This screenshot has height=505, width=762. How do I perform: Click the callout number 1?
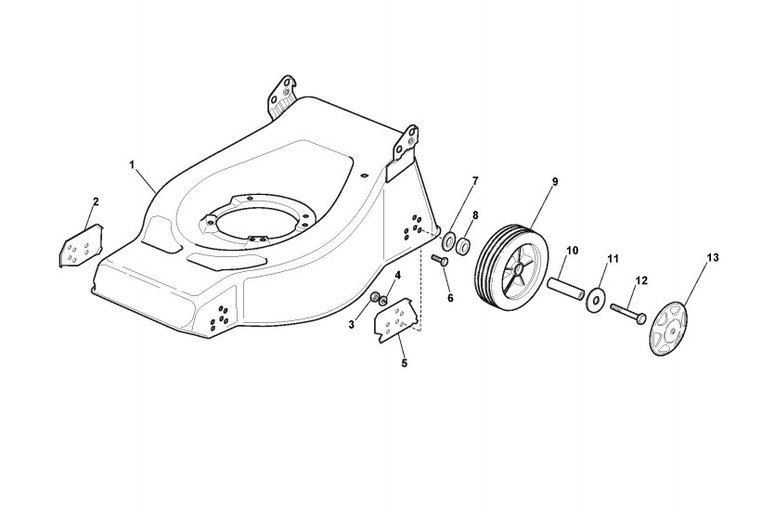(132, 164)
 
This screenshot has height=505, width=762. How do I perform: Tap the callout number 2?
(96, 201)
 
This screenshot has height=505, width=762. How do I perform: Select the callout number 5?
(404, 363)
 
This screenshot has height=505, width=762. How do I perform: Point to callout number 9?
(554, 181)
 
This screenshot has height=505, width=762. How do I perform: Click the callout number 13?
(713, 255)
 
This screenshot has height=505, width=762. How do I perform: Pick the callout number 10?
(572, 250)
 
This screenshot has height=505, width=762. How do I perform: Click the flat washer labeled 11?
(594, 301)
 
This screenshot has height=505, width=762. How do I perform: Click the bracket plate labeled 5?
(394, 320)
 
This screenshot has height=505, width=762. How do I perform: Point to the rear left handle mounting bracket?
(282, 95)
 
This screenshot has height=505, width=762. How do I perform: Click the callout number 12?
(640, 279)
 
